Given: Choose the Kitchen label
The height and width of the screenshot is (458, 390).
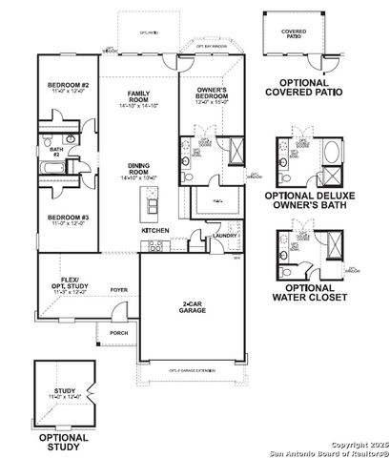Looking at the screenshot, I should tap(155, 231).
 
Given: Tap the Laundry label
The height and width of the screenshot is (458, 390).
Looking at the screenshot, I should tap(225, 235).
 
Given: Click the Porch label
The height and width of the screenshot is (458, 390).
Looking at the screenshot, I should tap(119, 332).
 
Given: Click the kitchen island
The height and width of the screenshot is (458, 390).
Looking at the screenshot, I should tap(149, 202).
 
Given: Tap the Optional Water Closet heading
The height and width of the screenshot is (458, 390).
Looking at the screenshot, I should tap(304, 292).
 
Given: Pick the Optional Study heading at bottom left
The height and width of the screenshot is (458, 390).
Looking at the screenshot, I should tap(64, 442).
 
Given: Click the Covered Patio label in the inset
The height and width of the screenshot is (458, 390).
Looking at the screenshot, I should tap(294, 34).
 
